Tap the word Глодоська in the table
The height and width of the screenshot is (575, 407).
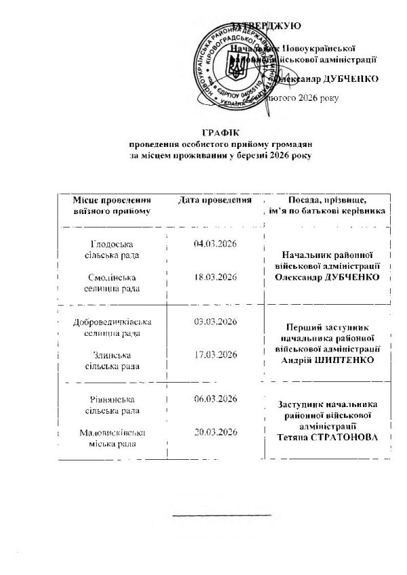(111, 244)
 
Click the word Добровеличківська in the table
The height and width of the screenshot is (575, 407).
(111, 322)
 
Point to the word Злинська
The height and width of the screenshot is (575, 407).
(112, 355)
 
